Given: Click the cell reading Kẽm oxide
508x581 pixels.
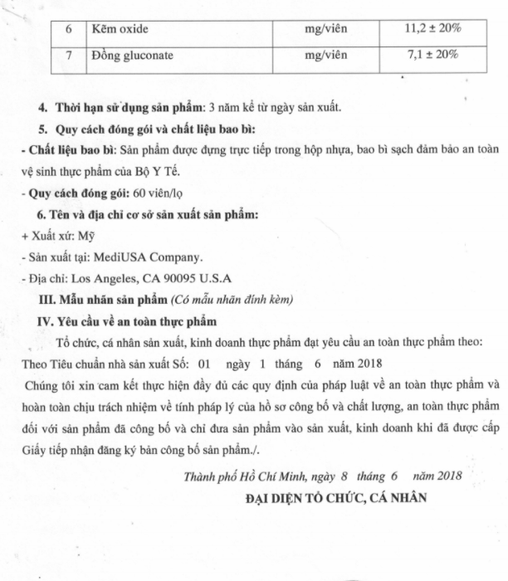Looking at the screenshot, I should [120, 28].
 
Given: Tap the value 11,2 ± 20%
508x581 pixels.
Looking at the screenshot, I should [432, 28].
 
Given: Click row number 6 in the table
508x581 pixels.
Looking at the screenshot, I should [71, 28].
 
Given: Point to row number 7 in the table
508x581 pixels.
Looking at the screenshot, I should [71, 56].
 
